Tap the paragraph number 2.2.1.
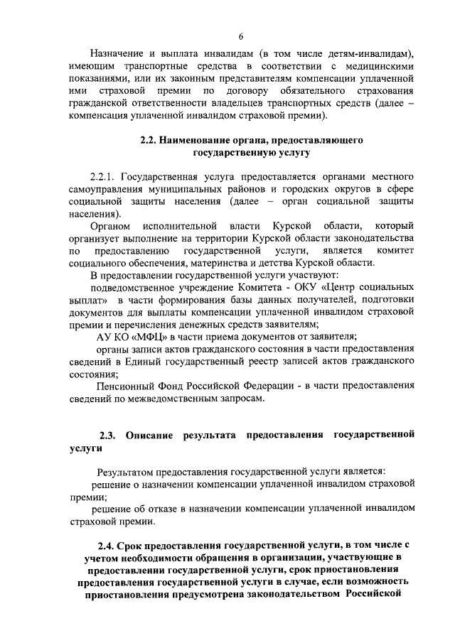pos(105,176)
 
